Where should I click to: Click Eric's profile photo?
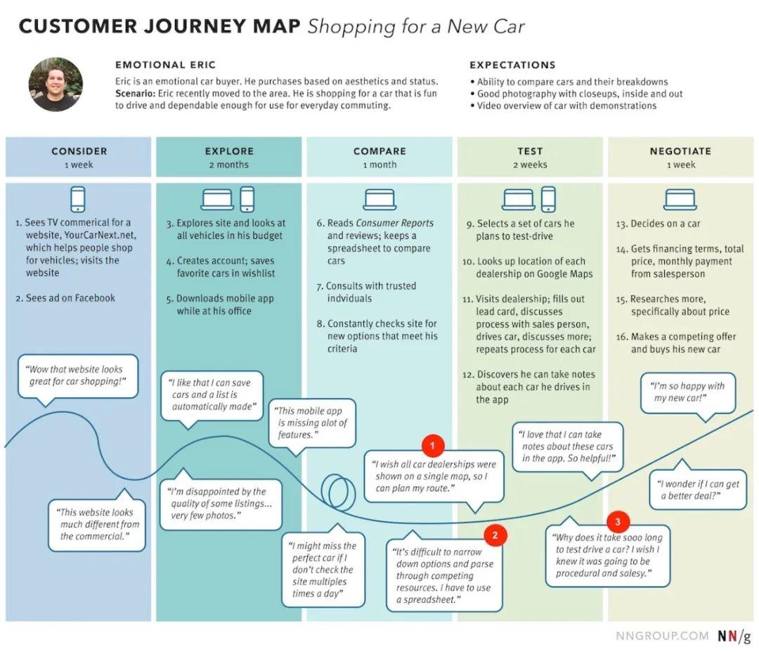tap(56, 84)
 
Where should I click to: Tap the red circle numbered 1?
tap(432, 445)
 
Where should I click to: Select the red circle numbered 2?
tap(495, 535)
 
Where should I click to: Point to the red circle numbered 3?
tap(617, 521)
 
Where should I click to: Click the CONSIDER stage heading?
tap(79, 151)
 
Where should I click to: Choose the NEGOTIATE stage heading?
tap(680, 151)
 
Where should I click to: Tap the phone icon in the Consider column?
tap(78, 199)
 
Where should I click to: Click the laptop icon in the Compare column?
tap(379, 199)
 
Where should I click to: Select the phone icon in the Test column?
tap(548, 199)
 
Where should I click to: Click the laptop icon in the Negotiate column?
tap(680, 199)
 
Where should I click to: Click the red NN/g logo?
tap(733, 636)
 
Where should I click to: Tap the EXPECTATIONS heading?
tap(512, 65)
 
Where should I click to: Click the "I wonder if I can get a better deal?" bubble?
tap(698, 490)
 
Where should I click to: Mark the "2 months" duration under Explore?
tap(229, 165)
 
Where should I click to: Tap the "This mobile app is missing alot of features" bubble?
tap(312, 423)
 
